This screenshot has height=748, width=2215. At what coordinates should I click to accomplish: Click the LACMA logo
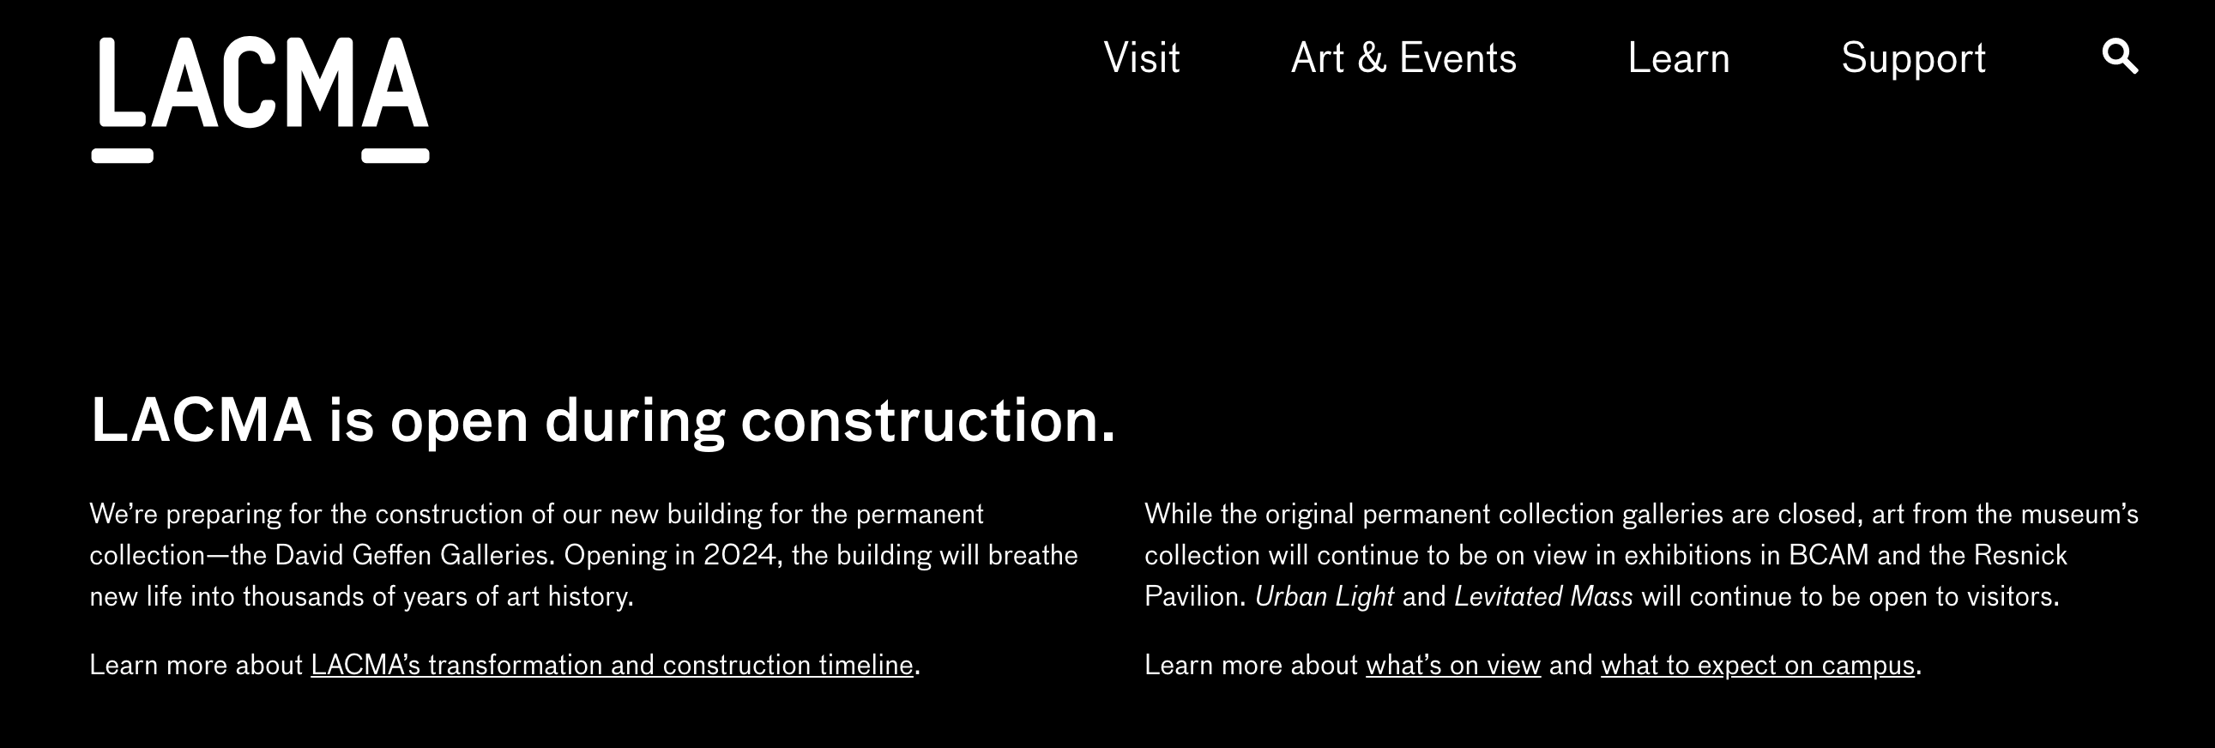pyautogui.click(x=261, y=100)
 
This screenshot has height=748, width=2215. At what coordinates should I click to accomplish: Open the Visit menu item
pyautogui.click(x=1142, y=58)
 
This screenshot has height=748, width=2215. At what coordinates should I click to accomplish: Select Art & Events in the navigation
pyautogui.click(x=1403, y=58)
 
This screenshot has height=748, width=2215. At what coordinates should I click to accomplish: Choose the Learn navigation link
pyautogui.click(x=1679, y=58)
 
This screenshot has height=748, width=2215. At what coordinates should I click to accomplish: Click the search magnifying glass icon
pyautogui.click(x=2121, y=57)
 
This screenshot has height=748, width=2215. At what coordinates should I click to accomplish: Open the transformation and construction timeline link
pyautogui.click(x=612, y=665)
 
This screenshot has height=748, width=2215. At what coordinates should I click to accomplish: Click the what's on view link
pyautogui.click(x=1453, y=665)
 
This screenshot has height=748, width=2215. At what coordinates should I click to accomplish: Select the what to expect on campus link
pyautogui.click(x=1758, y=665)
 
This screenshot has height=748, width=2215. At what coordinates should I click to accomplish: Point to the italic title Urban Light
pyautogui.click(x=1325, y=597)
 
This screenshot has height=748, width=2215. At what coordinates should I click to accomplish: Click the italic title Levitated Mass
pyautogui.click(x=1543, y=597)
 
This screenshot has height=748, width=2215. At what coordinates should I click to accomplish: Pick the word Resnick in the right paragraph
pyautogui.click(x=2019, y=555)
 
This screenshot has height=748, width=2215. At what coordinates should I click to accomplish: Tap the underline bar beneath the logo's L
pyautogui.click(x=122, y=155)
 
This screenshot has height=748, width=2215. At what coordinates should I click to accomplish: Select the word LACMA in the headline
pyautogui.click(x=201, y=420)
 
